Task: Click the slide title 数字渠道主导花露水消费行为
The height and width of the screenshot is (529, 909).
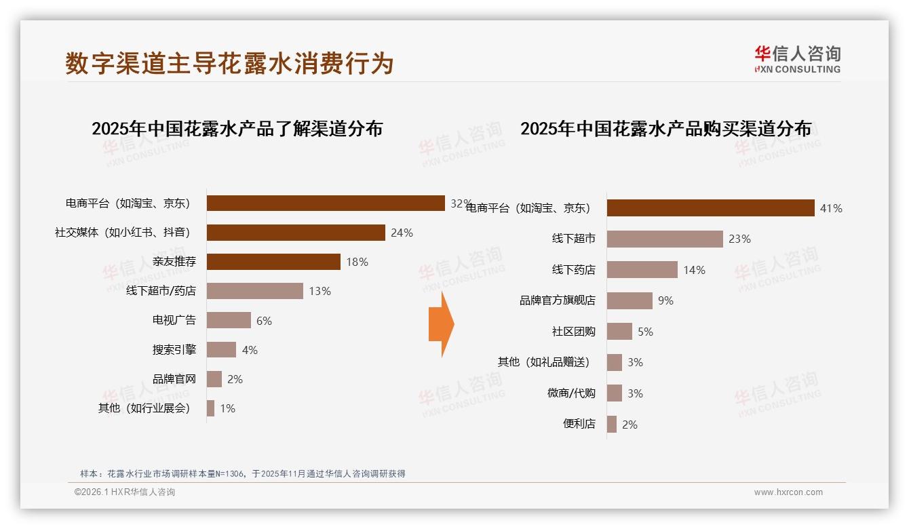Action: coord(229,63)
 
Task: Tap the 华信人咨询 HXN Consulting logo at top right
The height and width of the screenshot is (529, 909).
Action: coord(797,59)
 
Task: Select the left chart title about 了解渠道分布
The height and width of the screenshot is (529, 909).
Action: coord(237,129)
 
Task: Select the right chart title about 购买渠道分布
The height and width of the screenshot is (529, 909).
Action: coord(665,129)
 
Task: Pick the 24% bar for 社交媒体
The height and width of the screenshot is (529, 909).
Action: coord(296,233)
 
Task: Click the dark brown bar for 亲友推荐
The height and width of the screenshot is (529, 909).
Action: coord(273,262)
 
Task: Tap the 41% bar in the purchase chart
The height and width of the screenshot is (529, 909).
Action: coord(710,208)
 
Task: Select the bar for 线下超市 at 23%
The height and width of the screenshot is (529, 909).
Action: coord(665,239)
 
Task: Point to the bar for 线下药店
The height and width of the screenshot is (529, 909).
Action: coord(642,270)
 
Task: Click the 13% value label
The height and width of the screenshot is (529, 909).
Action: coord(320,291)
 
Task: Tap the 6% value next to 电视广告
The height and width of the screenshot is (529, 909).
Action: coord(264,321)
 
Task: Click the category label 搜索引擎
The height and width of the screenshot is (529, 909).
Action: coord(174,350)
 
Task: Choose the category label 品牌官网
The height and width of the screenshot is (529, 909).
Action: coord(174,379)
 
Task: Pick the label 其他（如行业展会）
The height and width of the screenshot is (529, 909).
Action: coord(145,408)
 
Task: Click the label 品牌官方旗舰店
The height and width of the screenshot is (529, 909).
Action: coord(557,300)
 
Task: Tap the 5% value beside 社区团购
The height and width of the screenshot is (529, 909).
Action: coord(645,332)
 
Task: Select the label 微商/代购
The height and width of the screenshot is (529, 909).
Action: coord(571,393)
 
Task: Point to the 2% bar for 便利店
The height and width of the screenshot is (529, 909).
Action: coord(612,425)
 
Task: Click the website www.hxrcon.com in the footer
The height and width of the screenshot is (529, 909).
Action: coord(788,492)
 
